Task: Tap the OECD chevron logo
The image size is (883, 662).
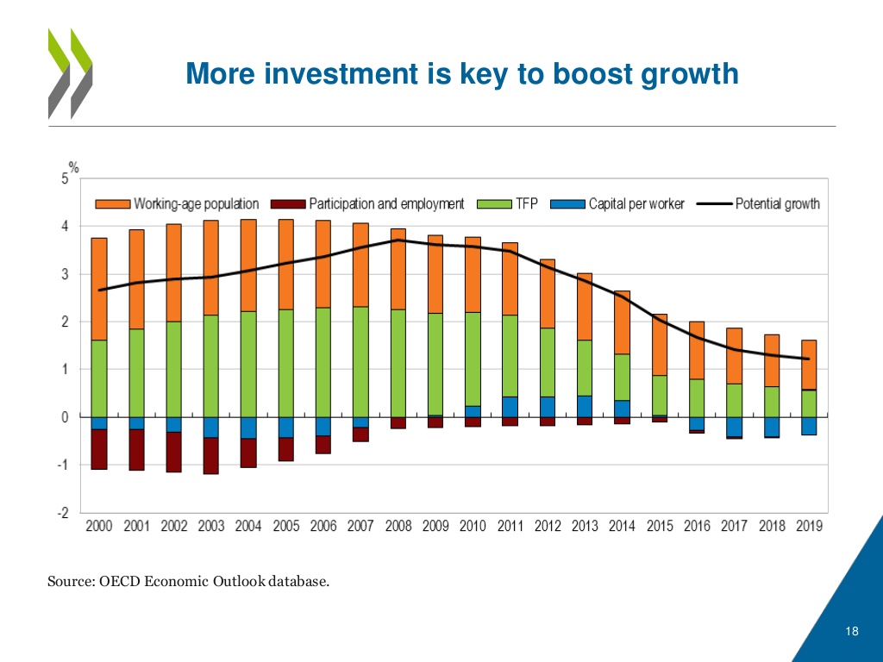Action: (70, 72)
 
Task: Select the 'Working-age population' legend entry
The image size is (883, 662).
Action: (177, 204)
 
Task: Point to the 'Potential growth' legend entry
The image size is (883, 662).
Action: (759, 204)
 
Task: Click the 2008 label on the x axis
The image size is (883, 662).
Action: (398, 526)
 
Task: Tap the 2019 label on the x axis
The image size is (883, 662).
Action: (809, 526)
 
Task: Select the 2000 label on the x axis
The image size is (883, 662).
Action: (99, 526)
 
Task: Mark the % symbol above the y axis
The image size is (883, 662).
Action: (74, 167)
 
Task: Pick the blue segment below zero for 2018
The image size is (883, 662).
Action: (772, 427)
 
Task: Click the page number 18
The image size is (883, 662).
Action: (852, 634)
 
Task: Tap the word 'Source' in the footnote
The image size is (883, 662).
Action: (66, 582)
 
